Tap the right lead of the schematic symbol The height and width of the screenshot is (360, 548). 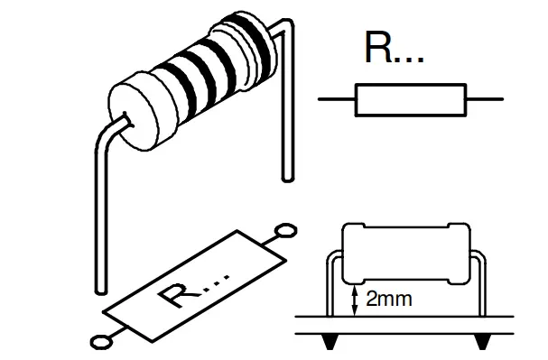pos(484,99)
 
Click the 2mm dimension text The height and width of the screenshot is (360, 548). pos(389,299)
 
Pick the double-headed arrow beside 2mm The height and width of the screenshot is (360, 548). pos(356,297)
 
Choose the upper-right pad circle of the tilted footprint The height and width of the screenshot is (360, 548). pos(286,230)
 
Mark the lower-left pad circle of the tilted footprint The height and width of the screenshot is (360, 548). pos(101,341)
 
